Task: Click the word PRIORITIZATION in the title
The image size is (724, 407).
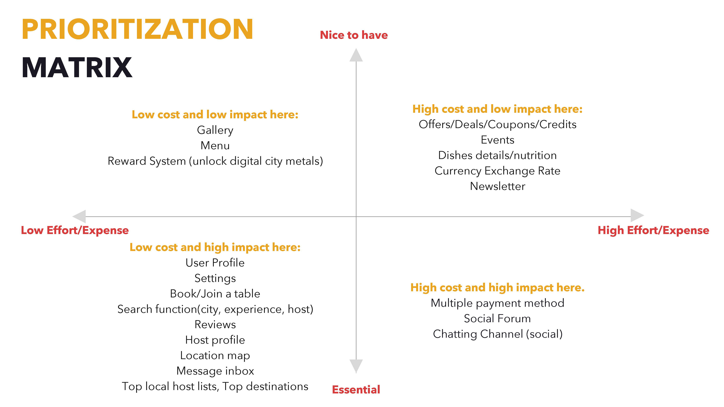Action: point(137,29)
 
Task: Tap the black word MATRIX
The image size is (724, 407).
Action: point(77,67)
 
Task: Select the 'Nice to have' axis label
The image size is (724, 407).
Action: point(354,35)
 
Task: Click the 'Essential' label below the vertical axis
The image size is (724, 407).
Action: point(356,390)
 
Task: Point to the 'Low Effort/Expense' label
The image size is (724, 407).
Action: point(75,230)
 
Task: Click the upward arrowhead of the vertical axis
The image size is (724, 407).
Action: point(356,55)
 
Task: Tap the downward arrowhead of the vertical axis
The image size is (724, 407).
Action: point(356,366)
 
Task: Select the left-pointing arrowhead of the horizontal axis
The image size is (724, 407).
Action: point(79,216)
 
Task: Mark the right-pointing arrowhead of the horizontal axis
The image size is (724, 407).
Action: point(637,215)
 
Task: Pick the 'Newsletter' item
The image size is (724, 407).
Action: point(498,186)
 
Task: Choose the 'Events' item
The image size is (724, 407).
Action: point(498,140)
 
